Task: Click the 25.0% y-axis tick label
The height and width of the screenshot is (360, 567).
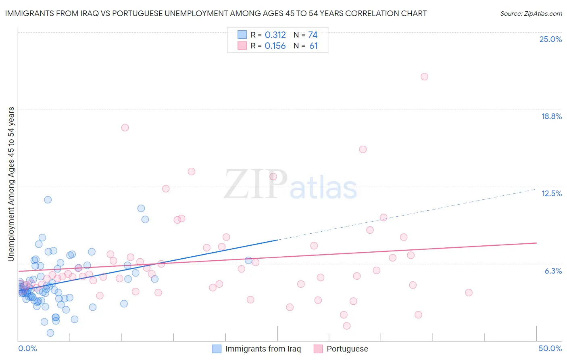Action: click(x=550, y=40)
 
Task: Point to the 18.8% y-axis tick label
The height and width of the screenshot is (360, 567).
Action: click(x=551, y=117)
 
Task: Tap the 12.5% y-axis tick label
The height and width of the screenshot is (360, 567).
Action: click(x=551, y=194)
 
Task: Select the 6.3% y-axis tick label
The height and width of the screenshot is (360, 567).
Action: click(x=553, y=271)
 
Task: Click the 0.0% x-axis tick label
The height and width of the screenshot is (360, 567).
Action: click(x=27, y=348)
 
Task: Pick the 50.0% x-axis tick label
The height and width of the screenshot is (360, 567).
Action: click(x=550, y=348)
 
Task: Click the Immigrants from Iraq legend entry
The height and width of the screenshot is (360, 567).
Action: click(x=263, y=349)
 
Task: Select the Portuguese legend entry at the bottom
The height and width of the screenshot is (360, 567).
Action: click(x=347, y=349)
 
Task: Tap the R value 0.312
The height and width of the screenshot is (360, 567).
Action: click(x=275, y=35)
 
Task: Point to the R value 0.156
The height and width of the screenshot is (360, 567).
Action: click(x=275, y=46)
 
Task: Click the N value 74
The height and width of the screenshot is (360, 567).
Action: click(x=313, y=35)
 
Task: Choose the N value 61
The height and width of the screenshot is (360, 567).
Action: click(x=313, y=46)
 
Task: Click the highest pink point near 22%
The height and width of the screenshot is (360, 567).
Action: click(x=424, y=77)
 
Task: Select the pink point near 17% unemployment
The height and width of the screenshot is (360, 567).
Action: click(x=125, y=128)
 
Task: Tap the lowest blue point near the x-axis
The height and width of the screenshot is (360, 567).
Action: click(x=50, y=333)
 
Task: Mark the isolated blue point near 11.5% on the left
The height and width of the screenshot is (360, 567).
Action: click(x=48, y=200)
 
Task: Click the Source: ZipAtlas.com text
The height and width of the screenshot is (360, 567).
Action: click(x=531, y=14)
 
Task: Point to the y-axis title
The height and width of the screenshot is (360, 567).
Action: click(x=11, y=184)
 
